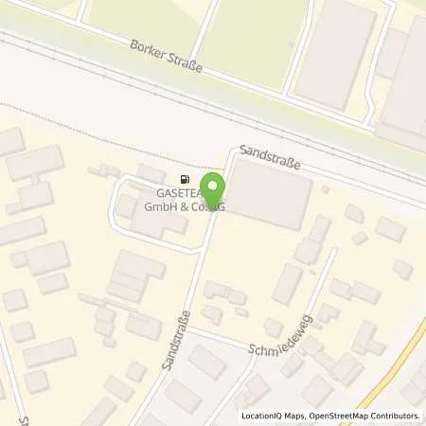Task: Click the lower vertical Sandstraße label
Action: [x=178, y=336]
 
